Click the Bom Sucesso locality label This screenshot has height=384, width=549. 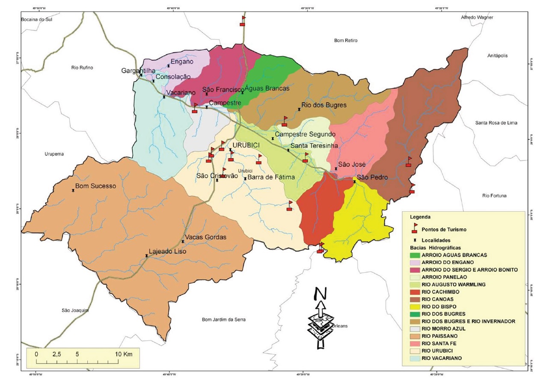(x=95, y=186)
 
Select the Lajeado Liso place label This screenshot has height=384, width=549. (x=167, y=252)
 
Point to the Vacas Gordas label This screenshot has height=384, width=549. (x=205, y=237)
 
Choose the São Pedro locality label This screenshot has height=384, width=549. (x=372, y=177)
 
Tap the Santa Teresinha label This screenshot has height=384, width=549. (x=314, y=146)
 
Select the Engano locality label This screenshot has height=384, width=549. (x=182, y=62)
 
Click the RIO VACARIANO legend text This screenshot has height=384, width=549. (x=442, y=358)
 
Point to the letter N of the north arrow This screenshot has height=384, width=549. (x=320, y=293)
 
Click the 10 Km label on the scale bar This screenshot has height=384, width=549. (x=124, y=354)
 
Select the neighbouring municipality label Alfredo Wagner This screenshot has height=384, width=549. (x=477, y=18)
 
